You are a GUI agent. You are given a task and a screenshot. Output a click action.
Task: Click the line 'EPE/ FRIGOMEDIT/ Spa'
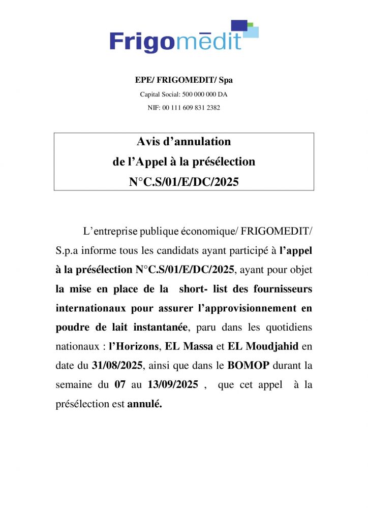(x=183, y=80)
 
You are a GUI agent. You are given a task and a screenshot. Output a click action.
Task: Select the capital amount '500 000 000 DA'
(x=201, y=94)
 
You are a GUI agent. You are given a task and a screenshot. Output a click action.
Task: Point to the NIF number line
(x=183, y=108)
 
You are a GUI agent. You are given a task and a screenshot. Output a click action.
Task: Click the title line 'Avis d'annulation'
(x=183, y=141)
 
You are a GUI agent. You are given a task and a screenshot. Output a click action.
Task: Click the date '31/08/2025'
(x=114, y=366)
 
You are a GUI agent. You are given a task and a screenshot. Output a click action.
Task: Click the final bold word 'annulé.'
(x=144, y=405)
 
